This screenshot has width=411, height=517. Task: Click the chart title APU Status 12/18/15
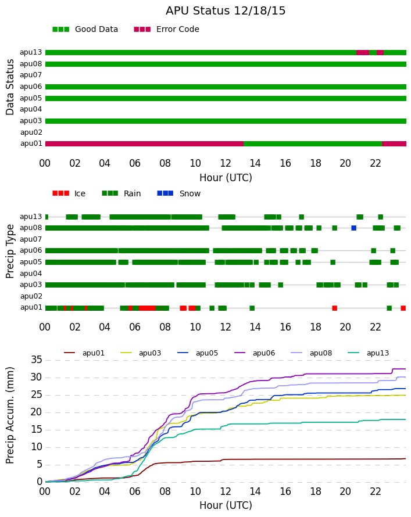coord(226,10)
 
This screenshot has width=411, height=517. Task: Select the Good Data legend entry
coord(85,30)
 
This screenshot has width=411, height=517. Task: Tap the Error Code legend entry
coord(167,30)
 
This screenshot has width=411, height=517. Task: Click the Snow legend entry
coord(179,193)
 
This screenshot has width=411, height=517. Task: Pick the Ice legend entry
coord(69,193)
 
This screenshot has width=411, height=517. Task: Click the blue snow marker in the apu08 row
coord(354,228)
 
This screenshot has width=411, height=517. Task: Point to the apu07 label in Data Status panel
coord(31,75)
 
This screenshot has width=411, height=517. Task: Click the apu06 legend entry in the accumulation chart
coord(255,353)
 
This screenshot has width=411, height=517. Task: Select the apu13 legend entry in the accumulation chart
coord(369,353)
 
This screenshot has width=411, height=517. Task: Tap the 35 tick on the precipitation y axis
coord(37,360)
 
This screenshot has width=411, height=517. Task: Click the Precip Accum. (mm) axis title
coord(10,415)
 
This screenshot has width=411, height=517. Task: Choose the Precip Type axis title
coord(10,252)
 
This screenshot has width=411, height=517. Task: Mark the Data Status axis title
coord(10,87)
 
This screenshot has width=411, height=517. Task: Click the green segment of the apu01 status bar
coord(313,143)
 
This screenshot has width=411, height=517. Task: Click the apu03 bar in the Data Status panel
coord(226,121)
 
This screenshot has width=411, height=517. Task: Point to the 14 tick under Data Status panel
coord(255,163)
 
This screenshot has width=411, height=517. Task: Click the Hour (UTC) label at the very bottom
coord(226,505)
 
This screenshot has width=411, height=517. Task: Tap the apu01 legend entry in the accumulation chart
coord(84,353)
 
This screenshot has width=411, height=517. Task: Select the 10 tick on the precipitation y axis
coord(37,447)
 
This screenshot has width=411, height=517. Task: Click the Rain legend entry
coord(121,193)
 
